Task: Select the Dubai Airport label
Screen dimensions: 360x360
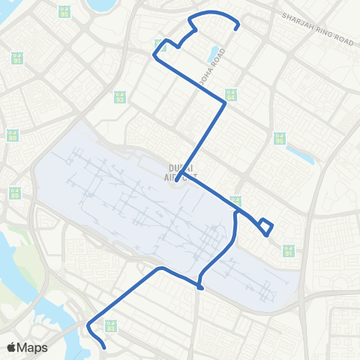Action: click(180, 170)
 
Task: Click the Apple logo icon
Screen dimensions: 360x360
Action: click(11, 347)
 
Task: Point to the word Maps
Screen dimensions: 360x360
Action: click(32, 347)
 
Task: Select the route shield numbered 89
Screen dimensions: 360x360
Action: click(15, 193)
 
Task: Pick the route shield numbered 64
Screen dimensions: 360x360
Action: click(230, 95)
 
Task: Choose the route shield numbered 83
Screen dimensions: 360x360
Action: click(112, 325)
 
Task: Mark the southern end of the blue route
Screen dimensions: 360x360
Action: click(103, 348)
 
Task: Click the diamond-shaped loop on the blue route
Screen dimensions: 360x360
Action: click(265, 226)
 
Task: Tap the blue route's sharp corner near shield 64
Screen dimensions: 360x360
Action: click(226, 104)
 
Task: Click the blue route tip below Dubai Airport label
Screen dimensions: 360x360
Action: click(176, 181)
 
